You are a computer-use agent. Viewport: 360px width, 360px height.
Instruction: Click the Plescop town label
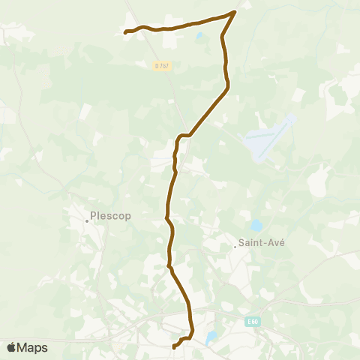click(110, 216)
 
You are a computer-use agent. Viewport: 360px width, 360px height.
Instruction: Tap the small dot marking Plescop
click(87, 220)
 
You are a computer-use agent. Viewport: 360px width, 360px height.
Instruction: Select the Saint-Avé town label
click(262, 243)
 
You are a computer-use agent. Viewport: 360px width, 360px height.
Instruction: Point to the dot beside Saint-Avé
click(235, 247)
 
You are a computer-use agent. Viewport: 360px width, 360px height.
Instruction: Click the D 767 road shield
click(163, 66)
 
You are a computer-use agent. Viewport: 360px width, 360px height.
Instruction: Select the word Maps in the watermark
click(33, 348)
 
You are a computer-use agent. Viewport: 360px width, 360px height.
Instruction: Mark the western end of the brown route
click(125, 31)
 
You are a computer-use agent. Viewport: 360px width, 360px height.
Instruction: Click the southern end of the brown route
click(174, 346)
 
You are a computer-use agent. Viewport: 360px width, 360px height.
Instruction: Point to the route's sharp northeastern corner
click(235, 12)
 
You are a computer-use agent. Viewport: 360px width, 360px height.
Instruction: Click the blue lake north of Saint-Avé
click(256, 224)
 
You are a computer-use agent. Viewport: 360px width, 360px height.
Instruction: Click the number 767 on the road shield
click(165, 66)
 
